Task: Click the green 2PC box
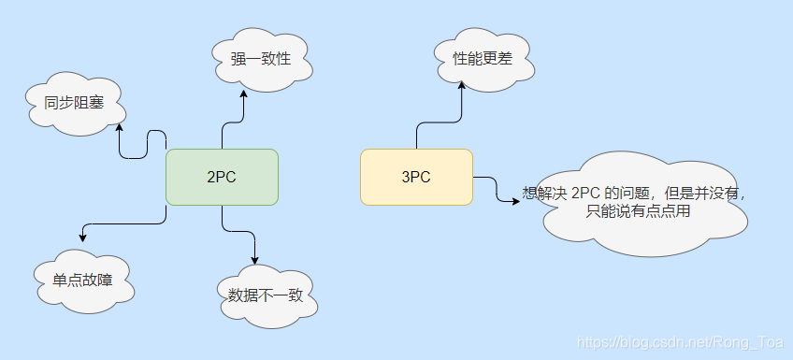(222, 177)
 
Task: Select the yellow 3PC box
(415, 177)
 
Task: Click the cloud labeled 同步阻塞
(72, 105)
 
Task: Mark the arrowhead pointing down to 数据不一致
(254, 259)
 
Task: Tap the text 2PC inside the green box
(222, 177)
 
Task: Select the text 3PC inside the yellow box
(415, 177)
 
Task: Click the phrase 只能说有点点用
(638, 212)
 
